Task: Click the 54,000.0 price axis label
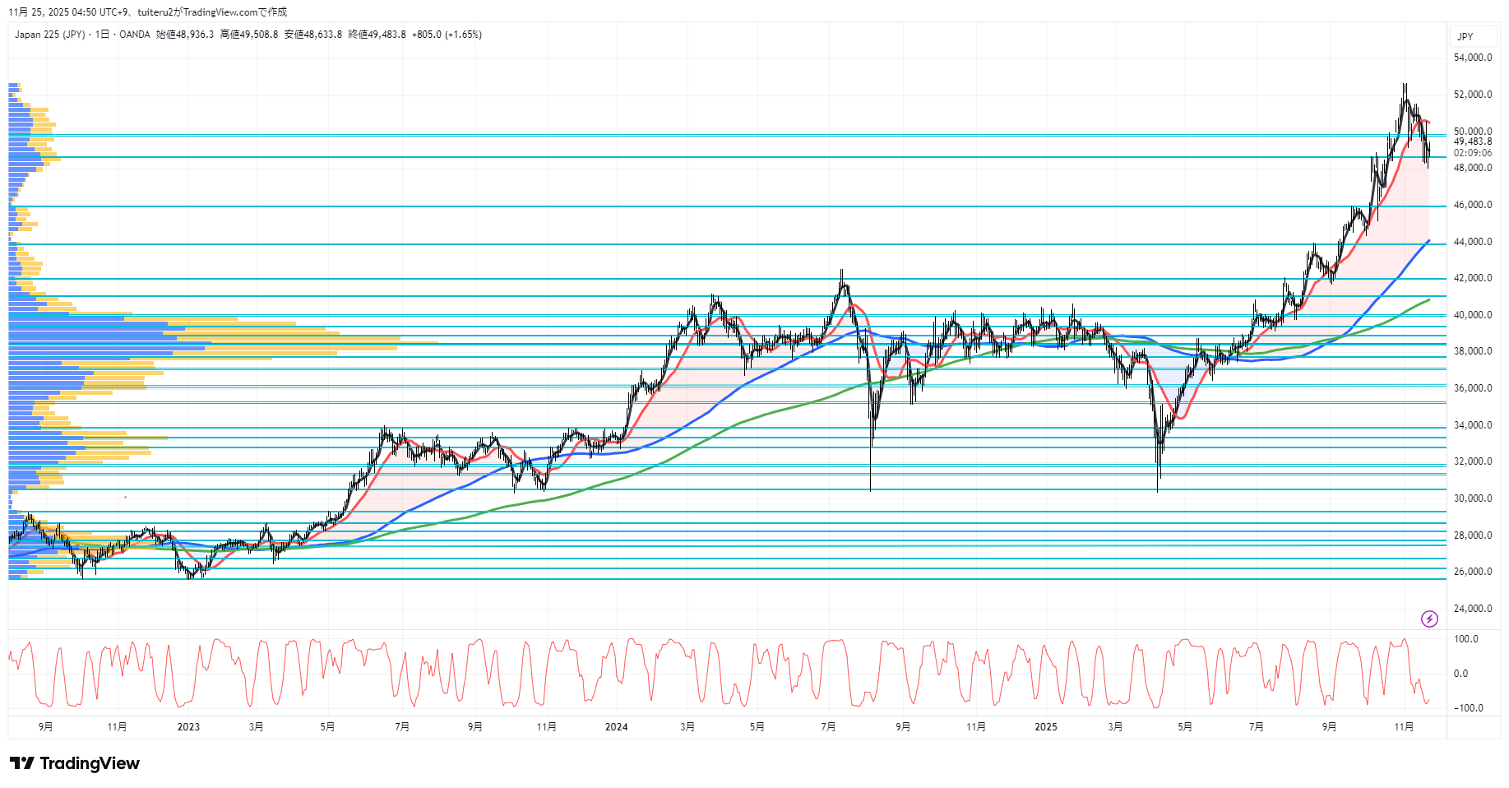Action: click(x=1472, y=58)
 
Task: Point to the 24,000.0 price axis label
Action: click(x=1472, y=609)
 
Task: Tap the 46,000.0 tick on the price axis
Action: click(x=1472, y=205)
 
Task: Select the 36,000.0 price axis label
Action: click(x=1472, y=388)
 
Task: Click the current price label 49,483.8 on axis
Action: click(x=1472, y=141)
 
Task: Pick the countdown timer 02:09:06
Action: click(x=1472, y=153)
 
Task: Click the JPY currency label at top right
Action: click(x=1465, y=37)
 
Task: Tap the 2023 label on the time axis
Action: click(x=188, y=726)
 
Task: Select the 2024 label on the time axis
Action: click(x=616, y=726)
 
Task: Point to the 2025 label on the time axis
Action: click(x=1045, y=726)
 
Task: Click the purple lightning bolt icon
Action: click(x=1429, y=619)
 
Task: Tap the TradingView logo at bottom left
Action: click(x=75, y=763)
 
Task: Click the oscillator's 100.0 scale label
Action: click(x=1465, y=639)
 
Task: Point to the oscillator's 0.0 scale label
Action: click(x=1460, y=674)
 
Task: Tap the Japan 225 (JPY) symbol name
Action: click(x=49, y=35)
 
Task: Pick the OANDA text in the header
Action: click(x=135, y=35)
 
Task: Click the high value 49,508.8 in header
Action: click(x=259, y=35)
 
